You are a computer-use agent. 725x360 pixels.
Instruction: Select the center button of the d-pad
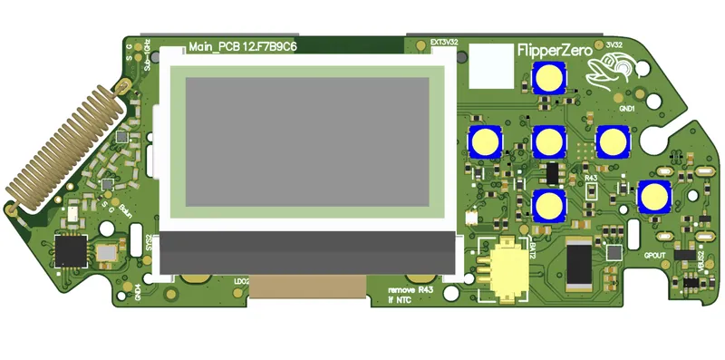[x=549, y=141]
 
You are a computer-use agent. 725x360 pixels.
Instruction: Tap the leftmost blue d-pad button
[x=485, y=141]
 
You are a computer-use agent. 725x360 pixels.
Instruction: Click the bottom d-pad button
[x=549, y=206]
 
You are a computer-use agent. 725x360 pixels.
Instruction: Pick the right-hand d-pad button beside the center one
[x=613, y=141]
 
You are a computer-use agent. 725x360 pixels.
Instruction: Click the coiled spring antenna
[x=63, y=145]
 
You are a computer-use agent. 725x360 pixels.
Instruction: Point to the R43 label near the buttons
[x=591, y=179]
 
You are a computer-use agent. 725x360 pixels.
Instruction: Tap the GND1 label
[x=626, y=107]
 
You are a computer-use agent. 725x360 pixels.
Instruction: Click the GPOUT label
[x=655, y=255]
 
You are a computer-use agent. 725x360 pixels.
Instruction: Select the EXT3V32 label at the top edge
[x=443, y=42]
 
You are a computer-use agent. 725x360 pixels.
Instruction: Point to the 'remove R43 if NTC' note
[x=396, y=294]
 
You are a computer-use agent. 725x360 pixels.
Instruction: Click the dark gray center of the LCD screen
[x=307, y=141]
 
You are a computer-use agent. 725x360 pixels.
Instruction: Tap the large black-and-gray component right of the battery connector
[x=578, y=264]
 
